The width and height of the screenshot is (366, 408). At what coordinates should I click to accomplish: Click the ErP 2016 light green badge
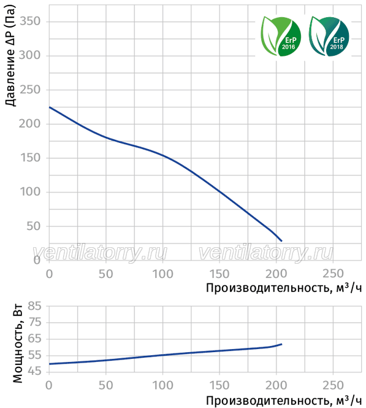coord(281,36)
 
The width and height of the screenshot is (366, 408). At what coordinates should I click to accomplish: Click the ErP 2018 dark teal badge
coord(329,36)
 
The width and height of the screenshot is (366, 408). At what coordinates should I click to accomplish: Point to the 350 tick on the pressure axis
coord(30,21)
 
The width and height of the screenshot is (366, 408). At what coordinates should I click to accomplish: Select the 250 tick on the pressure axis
coord(30,90)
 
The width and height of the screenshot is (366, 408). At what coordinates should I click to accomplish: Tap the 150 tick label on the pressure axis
coord(30,158)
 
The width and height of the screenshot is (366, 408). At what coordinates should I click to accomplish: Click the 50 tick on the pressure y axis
coord(34,226)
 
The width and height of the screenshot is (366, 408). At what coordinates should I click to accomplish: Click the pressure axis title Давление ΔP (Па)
coord(10,55)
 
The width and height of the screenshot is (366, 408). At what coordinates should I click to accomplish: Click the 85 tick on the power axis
coord(34,306)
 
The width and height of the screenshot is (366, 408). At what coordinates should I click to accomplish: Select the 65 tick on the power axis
coord(34,339)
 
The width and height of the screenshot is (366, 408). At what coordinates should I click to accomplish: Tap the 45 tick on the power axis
coord(34,371)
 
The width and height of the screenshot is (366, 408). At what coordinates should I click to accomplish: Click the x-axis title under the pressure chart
coord(284,288)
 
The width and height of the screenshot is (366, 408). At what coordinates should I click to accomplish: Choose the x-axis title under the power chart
coord(284,401)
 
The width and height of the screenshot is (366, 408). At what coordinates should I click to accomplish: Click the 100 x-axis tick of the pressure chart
coord(162,274)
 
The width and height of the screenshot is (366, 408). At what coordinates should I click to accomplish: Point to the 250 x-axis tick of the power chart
coord(334,385)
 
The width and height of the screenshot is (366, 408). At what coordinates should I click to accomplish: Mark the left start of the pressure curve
coord(50,107)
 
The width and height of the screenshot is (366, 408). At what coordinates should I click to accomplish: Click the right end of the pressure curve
coord(281,241)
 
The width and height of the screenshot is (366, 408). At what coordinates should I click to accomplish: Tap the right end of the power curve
coord(282,344)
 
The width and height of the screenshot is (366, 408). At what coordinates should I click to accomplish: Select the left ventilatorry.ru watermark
coord(100,253)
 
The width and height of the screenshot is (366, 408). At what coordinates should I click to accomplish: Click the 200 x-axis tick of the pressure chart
coord(276,274)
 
